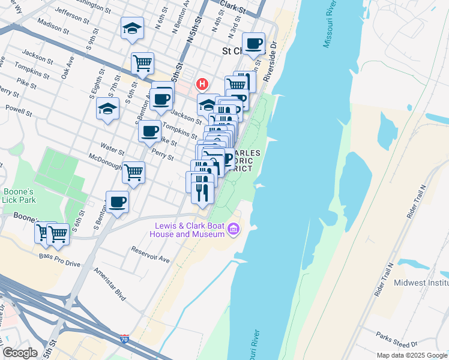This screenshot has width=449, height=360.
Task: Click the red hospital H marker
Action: (203, 83)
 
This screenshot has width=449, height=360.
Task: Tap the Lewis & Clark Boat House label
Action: (190, 230)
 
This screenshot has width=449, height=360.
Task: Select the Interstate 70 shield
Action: (124, 340)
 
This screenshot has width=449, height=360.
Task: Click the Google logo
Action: (20, 353)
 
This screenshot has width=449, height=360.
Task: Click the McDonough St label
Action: (105, 165)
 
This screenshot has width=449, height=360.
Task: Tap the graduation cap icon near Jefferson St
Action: (132, 28)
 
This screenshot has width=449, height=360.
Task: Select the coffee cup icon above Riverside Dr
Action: (255, 43)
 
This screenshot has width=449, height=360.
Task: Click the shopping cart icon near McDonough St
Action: (133, 172)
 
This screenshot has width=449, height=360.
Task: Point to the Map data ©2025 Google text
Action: (411, 355)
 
